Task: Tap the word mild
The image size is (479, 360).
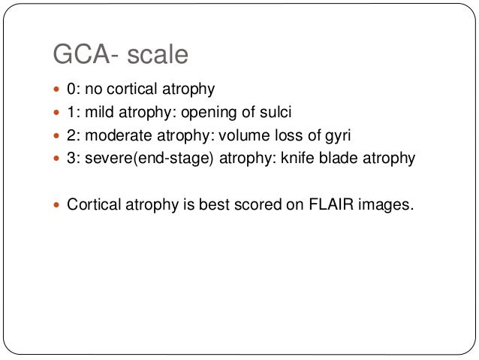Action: (101, 112)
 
